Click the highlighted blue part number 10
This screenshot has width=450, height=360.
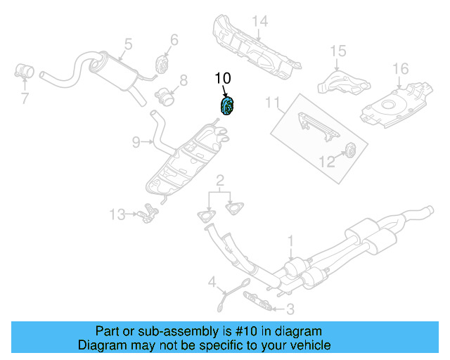(x=226, y=106)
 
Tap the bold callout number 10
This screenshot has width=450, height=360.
(x=223, y=78)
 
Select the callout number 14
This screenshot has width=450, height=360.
(x=260, y=22)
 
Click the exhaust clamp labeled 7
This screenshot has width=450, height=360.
(x=24, y=71)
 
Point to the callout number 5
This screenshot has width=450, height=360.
(x=128, y=44)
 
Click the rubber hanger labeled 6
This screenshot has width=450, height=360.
(x=162, y=65)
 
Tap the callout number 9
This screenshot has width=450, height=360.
(x=136, y=142)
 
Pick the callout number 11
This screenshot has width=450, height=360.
(x=272, y=103)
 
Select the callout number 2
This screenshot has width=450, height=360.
(x=220, y=181)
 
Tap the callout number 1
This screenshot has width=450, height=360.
(x=290, y=241)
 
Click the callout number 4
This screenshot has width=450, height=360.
(x=212, y=282)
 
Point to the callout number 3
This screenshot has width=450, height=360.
(x=290, y=309)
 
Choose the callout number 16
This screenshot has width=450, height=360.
(x=400, y=69)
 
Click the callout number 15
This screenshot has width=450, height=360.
(x=338, y=51)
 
